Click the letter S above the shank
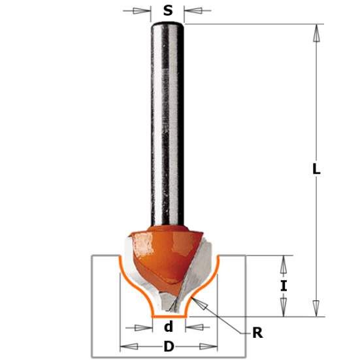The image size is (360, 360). pos(168,10)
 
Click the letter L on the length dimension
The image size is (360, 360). pos(316,169)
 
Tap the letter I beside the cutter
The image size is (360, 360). pos(283,285)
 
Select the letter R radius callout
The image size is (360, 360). pos(257,333)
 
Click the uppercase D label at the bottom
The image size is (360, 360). pos(169,347)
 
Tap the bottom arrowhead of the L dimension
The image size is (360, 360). pos(316,308)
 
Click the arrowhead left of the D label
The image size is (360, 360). pos(128,347)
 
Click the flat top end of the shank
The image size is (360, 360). pos(168,24)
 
